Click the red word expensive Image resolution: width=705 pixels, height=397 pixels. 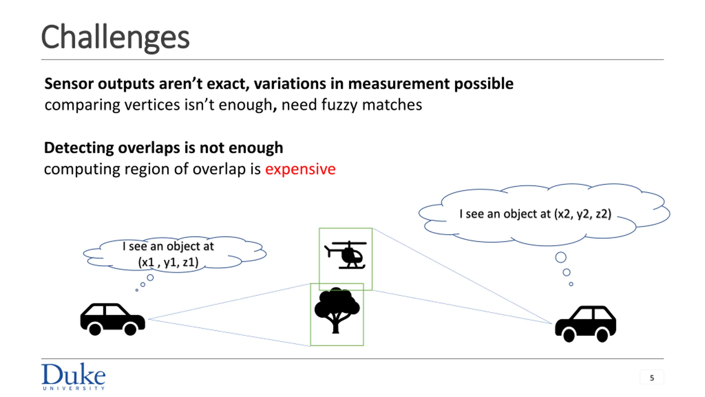point(300,169)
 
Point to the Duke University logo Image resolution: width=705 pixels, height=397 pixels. point(73,376)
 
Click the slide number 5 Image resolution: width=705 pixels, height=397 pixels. point(652,378)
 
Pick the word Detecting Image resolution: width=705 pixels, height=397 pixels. point(79,148)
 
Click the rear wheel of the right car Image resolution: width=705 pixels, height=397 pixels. point(602,335)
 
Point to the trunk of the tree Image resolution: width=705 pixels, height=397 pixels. point(335,327)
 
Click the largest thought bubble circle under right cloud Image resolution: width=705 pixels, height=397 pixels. point(561,257)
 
